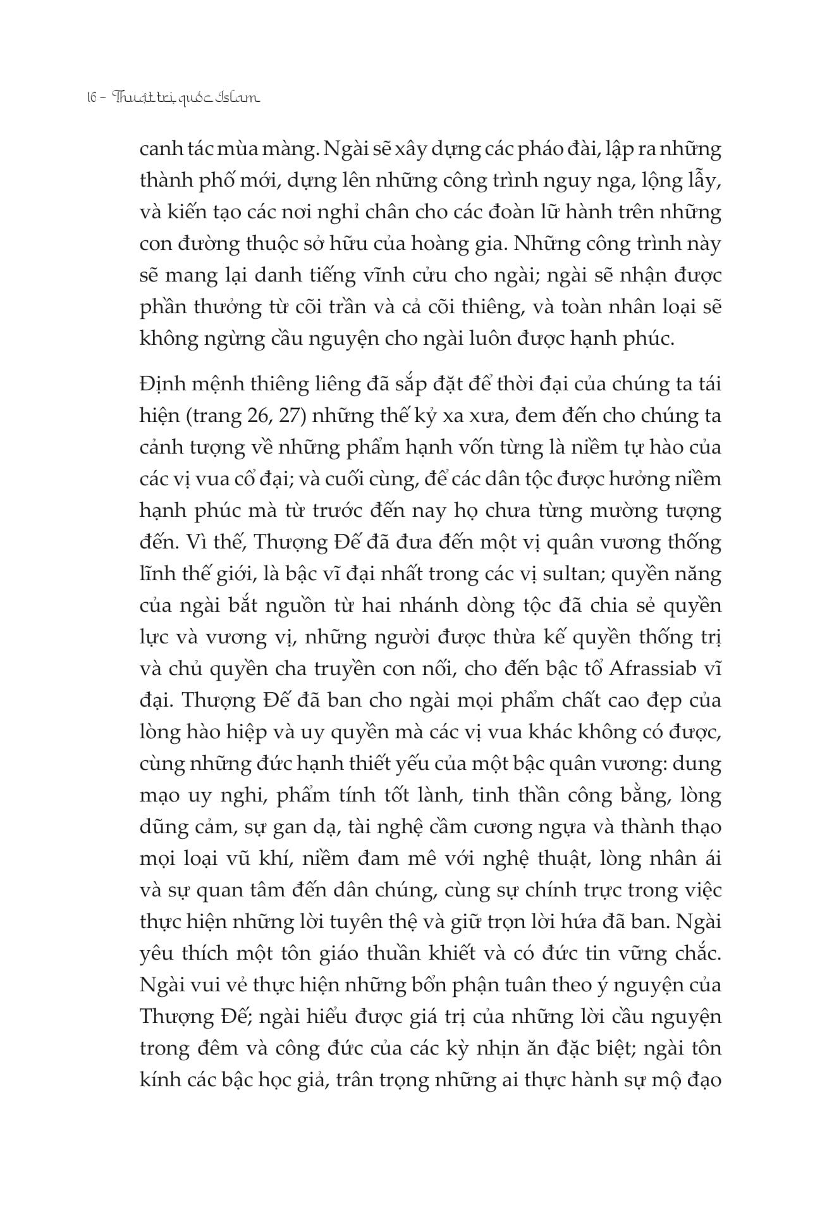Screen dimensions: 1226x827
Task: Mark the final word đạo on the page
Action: (x=702, y=1080)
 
